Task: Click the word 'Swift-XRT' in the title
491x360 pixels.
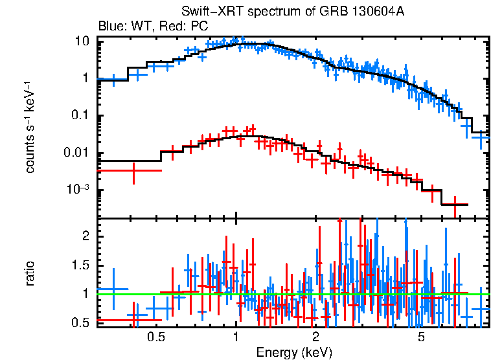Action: coord(206,12)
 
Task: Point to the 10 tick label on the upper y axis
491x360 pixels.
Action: coord(82,41)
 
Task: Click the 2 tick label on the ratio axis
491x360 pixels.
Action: coord(84,236)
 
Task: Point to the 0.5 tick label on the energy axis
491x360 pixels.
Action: coord(155,337)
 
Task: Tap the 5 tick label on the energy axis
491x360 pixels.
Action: coord(420,337)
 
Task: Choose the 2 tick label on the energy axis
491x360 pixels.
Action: coord(315,337)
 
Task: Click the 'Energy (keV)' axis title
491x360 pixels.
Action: coord(293,352)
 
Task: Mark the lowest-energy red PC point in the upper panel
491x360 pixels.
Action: coord(133,170)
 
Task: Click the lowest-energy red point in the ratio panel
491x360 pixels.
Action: coord(130,320)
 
